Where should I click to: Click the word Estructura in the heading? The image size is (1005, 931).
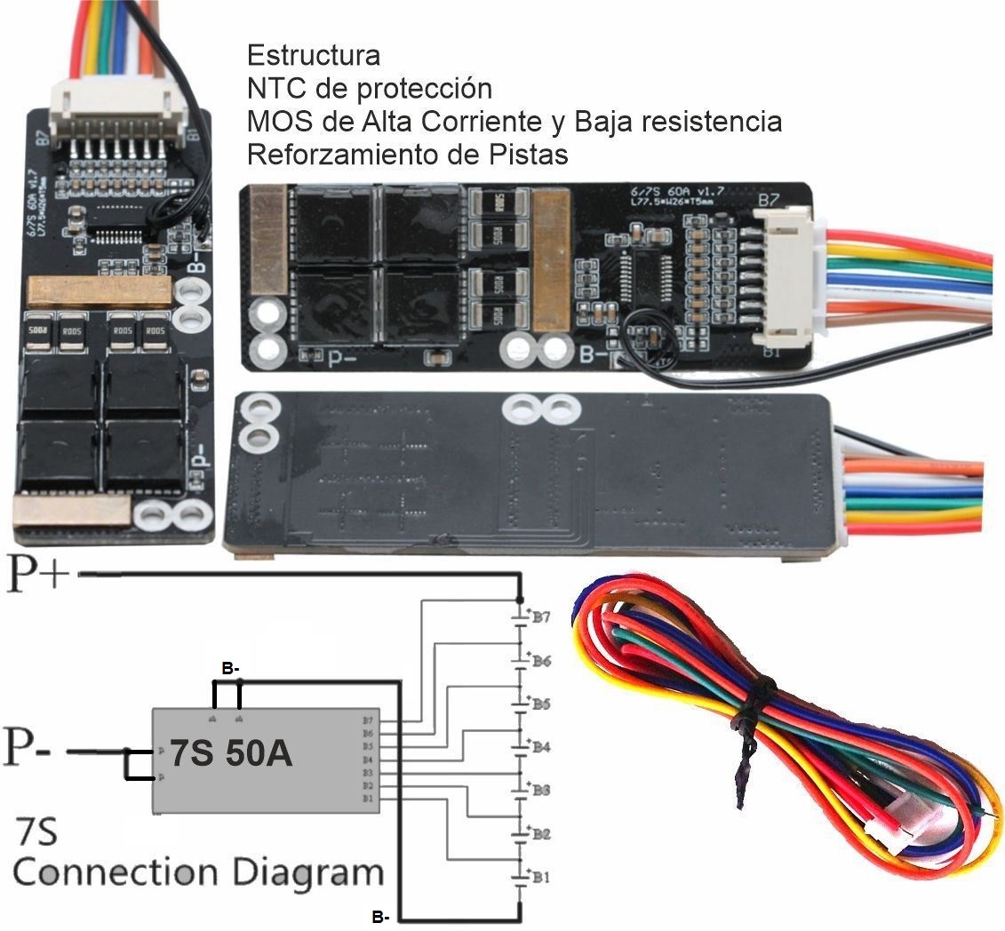pos(314,56)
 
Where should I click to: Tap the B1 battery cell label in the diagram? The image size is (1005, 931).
pos(541,877)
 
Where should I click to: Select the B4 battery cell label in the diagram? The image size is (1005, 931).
pos(541,747)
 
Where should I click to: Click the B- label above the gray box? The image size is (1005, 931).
pos(229,668)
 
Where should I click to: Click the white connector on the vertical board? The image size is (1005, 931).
pos(119,112)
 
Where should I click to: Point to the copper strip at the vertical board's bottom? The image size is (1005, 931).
pos(73,513)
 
